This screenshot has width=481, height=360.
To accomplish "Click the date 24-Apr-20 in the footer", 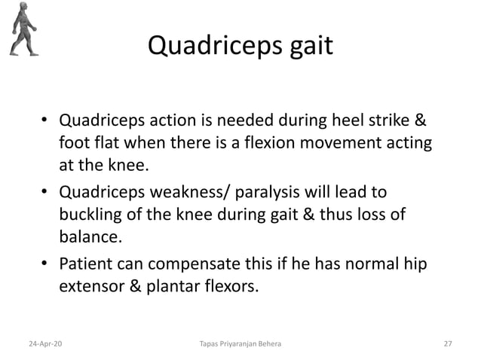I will coord(47,343).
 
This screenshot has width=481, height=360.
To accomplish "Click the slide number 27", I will coord(447,343).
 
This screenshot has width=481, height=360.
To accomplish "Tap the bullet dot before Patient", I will coord(45,265).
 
